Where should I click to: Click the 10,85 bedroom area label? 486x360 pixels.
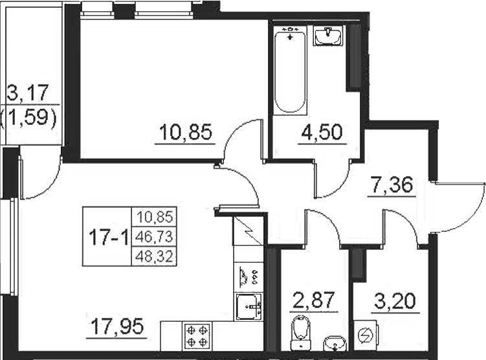(186, 131)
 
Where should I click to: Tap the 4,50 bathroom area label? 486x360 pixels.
(322, 131)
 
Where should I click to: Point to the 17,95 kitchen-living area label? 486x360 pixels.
(118, 326)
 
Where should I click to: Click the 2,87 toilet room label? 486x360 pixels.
(314, 300)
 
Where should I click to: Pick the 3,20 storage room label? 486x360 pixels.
(395, 301)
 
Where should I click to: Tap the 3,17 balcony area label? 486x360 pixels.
(28, 93)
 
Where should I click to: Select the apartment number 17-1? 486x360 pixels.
(108, 238)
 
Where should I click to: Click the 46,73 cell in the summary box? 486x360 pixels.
(154, 237)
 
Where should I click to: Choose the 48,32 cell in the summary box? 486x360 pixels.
(154, 257)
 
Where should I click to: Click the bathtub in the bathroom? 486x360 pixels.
(290, 71)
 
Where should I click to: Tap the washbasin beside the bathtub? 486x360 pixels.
(328, 36)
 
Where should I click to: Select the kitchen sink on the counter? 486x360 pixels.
(249, 307)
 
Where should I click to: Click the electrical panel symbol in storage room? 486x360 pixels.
(366, 335)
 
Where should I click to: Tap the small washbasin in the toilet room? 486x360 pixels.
(335, 344)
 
